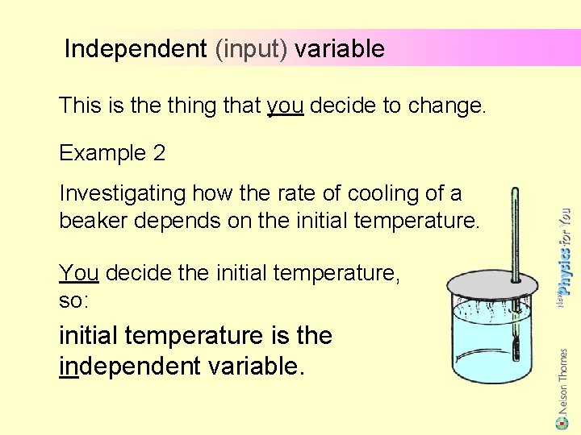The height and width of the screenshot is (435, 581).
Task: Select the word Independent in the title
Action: (136, 49)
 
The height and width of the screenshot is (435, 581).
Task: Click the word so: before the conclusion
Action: (73, 300)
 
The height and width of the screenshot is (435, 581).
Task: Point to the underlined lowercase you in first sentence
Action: (285, 106)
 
